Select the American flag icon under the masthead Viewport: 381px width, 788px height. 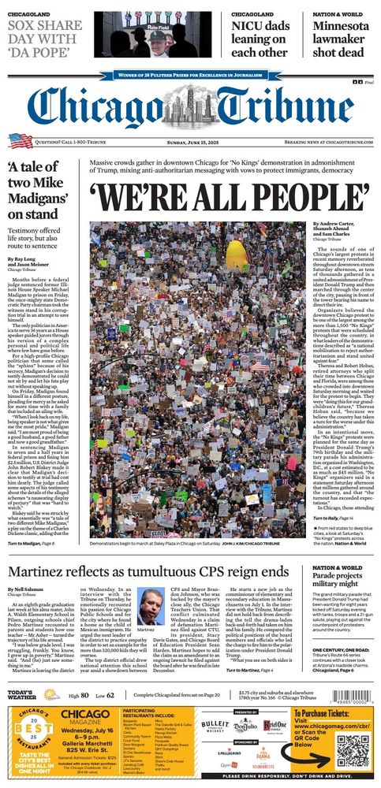[20, 141]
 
